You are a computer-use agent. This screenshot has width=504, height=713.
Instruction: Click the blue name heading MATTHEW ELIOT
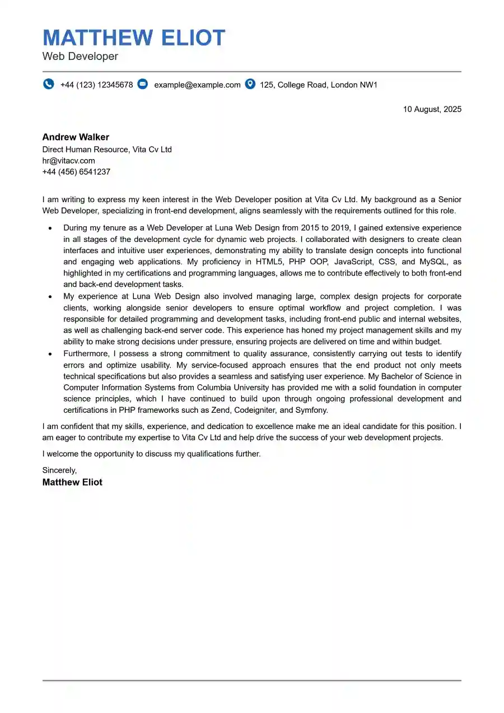click(x=134, y=38)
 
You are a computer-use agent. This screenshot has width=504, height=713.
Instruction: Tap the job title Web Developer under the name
click(x=80, y=57)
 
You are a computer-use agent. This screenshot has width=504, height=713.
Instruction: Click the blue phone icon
click(x=49, y=84)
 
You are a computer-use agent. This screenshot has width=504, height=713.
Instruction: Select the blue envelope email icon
click(x=143, y=84)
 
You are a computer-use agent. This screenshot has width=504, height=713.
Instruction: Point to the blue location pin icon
click(x=250, y=84)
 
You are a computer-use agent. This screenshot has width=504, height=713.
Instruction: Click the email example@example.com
click(x=197, y=85)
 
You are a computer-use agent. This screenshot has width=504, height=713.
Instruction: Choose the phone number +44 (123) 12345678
click(x=97, y=85)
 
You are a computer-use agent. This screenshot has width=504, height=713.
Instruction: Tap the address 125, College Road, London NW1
click(x=319, y=85)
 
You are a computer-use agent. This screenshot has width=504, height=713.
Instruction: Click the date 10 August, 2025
click(x=432, y=109)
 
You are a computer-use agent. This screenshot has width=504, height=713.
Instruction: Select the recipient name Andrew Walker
click(x=76, y=137)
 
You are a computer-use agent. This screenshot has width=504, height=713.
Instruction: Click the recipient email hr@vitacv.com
click(x=68, y=161)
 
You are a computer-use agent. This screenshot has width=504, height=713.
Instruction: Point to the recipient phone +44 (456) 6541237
click(x=76, y=172)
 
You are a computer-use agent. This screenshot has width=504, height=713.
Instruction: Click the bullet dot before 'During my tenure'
click(x=50, y=229)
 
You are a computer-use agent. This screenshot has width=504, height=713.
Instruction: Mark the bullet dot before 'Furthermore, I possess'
click(x=50, y=354)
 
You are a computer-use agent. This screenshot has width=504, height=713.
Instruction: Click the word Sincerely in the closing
click(x=59, y=470)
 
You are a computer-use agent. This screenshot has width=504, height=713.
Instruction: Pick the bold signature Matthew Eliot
click(x=72, y=482)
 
